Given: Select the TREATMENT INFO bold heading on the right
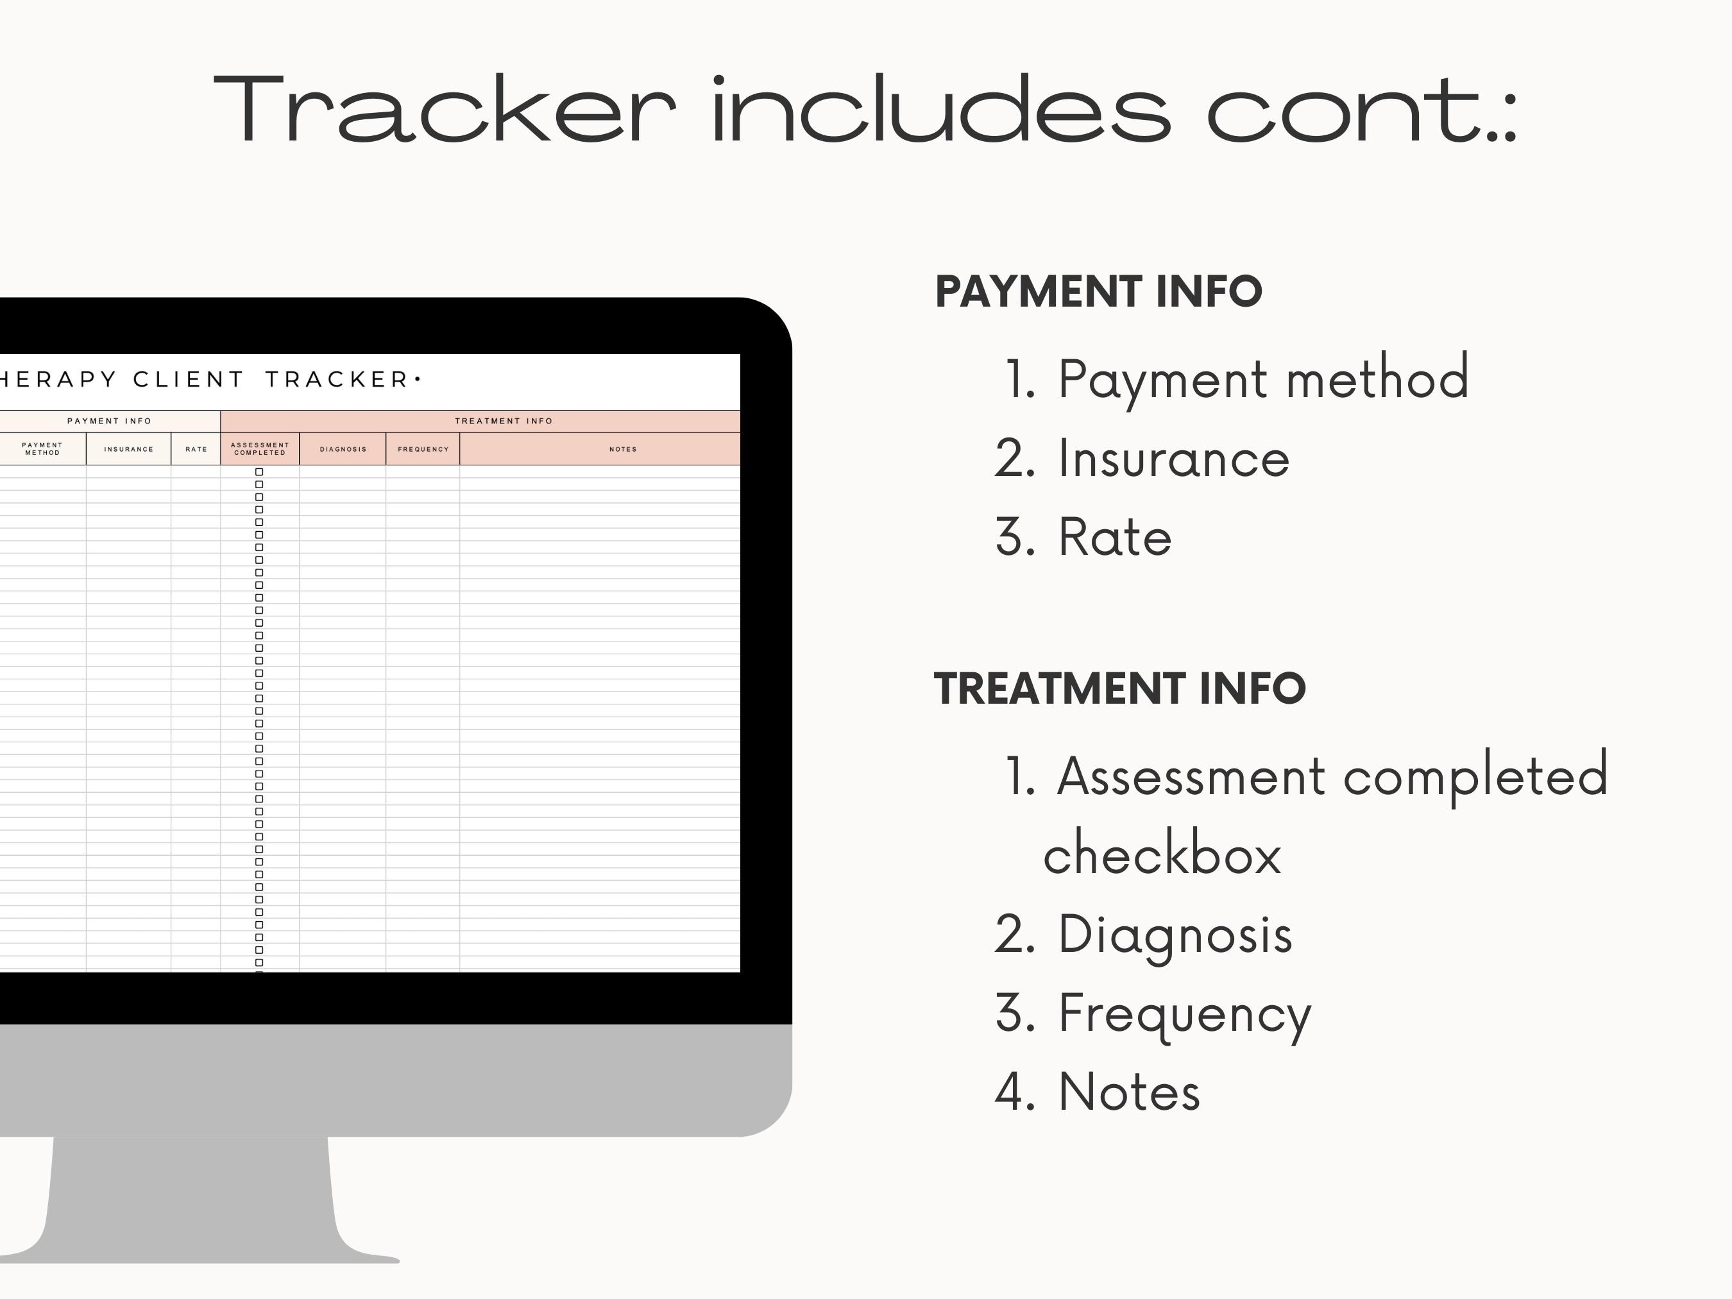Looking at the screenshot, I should point(1119,689).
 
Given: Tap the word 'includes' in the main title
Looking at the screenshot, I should point(940,110).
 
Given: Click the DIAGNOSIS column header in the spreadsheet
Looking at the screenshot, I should point(343,450).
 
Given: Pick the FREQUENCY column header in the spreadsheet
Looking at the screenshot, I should point(423,450).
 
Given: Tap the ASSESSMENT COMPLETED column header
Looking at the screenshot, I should point(260,448).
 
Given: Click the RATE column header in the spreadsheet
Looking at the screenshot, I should point(196,450).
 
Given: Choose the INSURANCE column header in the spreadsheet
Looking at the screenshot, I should point(128,450).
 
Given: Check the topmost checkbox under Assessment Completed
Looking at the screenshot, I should point(259,472).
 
